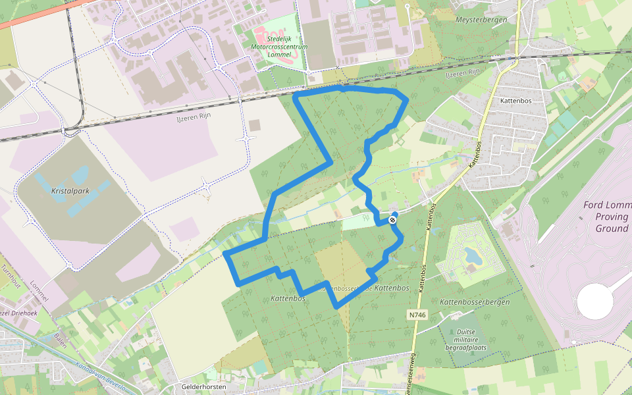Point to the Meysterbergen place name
pos(481,20)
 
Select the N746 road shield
pos(417,315)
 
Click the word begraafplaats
pos(467,346)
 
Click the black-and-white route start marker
pos(393,219)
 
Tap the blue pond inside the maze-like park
pos(472,253)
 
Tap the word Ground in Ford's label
pos(612,228)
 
